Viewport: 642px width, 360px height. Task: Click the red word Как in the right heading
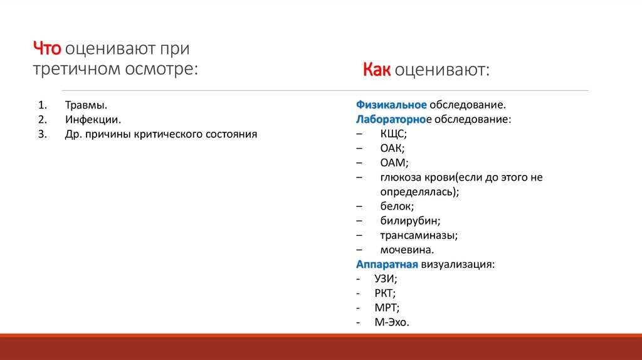(376, 70)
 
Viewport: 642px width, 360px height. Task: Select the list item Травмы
(85, 105)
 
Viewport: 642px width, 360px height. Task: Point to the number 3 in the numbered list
(42, 134)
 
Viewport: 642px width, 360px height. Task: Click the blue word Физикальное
(392, 105)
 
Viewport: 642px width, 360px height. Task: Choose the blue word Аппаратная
(387, 264)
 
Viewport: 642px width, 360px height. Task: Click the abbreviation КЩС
(393, 134)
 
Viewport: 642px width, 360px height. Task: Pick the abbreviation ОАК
(392, 148)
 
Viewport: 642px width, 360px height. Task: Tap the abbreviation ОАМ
(393, 162)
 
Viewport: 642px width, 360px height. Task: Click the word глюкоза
(401, 177)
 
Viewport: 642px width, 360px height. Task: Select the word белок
(397, 206)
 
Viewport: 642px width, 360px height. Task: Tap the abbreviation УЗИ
(386, 278)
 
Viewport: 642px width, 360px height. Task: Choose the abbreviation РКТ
(384, 293)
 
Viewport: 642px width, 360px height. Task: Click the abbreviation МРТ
(386, 307)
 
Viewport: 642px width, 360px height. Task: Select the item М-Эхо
(391, 322)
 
